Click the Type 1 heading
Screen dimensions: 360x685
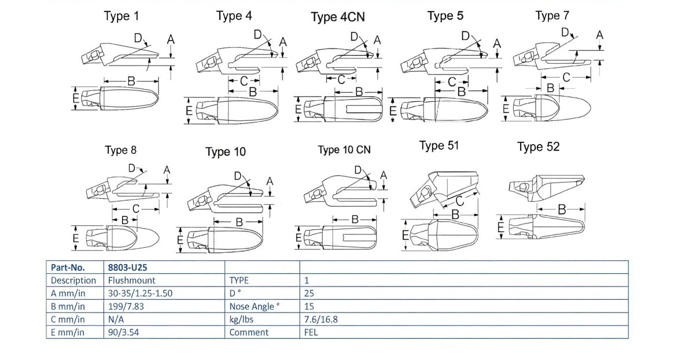121,16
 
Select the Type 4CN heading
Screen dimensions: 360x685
337,17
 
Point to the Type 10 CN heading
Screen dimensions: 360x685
344,150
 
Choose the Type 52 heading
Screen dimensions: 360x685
538,147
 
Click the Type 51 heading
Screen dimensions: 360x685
439,145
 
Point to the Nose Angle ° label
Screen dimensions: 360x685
255,306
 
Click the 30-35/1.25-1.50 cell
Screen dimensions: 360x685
140,293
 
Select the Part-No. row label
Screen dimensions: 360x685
68,267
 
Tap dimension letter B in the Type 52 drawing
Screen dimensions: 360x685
561,210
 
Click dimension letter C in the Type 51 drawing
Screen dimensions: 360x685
459,201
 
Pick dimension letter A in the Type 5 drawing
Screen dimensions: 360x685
496,43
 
